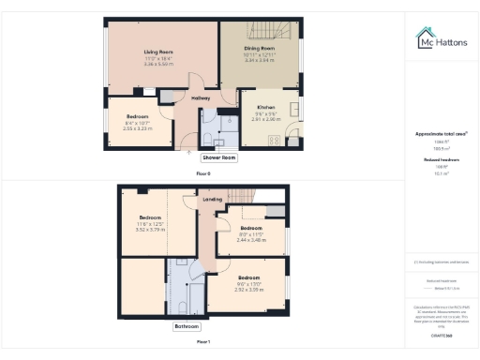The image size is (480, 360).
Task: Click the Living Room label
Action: [157, 52]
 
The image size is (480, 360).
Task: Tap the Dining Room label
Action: [260, 48]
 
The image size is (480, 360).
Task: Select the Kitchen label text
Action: [265, 109]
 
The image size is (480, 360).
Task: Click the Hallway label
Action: [201, 97]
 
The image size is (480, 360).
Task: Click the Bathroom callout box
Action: [187, 327]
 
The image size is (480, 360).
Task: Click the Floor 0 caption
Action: [203, 173]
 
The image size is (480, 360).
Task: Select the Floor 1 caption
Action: [203, 342]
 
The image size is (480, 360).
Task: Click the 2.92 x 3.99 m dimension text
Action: [248, 290]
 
